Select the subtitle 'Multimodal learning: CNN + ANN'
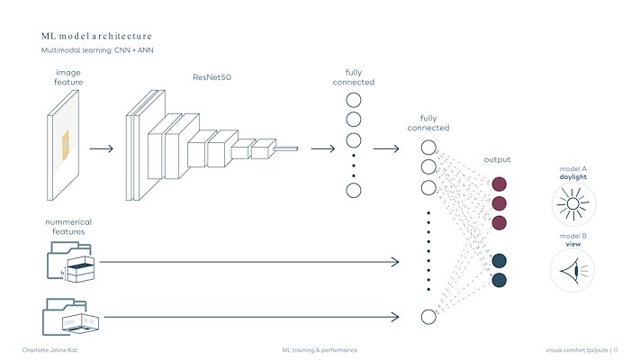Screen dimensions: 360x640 pyautogui.click(x=97, y=50)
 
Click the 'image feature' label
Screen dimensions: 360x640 pyautogui.click(x=68, y=76)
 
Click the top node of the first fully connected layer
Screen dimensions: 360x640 pyautogui.click(x=354, y=100)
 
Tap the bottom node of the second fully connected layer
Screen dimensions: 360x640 pyautogui.click(x=428, y=316)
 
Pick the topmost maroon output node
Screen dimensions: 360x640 pyautogui.click(x=499, y=184)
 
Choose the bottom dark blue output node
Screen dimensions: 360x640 pyautogui.click(x=499, y=281)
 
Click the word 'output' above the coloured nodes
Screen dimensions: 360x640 pyautogui.click(x=497, y=159)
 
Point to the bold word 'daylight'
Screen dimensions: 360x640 pyautogui.click(x=573, y=177)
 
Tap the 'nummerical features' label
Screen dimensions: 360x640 pyautogui.click(x=68, y=226)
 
